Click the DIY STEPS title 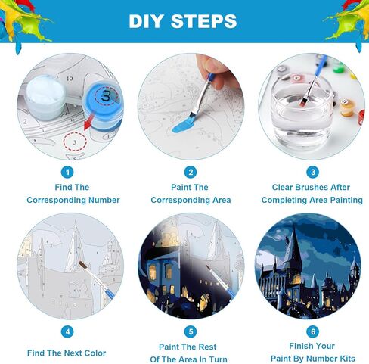[x=183, y=21]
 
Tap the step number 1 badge [x=67, y=173]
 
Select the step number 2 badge [x=191, y=173]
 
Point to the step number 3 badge [x=312, y=173]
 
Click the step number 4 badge [x=67, y=331]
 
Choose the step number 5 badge [x=191, y=331]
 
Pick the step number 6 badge [x=312, y=331]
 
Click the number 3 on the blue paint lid [x=106, y=95]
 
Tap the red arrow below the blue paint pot [x=88, y=122]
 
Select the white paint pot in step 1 [x=45, y=97]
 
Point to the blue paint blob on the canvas [x=183, y=126]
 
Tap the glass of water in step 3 [x=302, y=111]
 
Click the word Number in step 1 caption [x=104, y=200]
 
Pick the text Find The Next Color [x=67, y=353]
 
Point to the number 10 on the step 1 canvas [x=70, y=79]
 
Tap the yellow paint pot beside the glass [x=347, y=107]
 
